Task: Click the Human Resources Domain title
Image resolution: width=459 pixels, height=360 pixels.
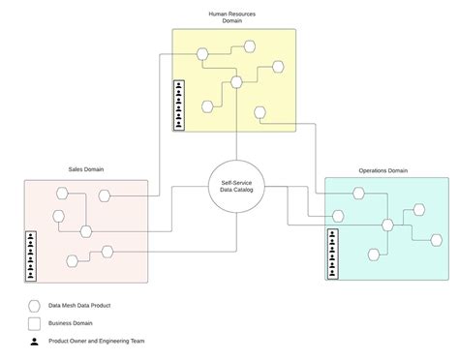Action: (232, 17)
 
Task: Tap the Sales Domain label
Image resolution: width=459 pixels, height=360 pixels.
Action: (86, 169)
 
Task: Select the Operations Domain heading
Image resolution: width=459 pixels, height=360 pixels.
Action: (383, 170)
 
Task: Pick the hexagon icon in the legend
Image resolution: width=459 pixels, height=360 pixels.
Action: (34, 305)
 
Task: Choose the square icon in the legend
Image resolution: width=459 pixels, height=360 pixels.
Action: (34, 323)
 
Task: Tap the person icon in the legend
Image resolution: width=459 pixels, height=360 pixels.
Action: (34, 342)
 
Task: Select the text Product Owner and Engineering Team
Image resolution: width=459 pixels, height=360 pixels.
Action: (102, 342)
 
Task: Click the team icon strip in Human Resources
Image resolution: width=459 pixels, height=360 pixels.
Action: (178, 105)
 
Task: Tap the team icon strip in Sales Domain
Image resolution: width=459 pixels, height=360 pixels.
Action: (31, 254)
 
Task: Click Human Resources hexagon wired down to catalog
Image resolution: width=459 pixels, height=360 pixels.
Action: (236, 82)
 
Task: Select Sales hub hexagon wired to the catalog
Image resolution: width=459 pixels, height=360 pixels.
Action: (86, 230)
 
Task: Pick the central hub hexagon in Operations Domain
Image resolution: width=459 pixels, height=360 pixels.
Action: (387, 225)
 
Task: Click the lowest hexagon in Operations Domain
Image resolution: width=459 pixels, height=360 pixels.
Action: (373, 254)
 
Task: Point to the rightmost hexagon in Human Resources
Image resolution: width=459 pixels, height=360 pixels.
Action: (277, 67)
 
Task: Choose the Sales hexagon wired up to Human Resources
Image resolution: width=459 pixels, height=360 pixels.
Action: (105, 195)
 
